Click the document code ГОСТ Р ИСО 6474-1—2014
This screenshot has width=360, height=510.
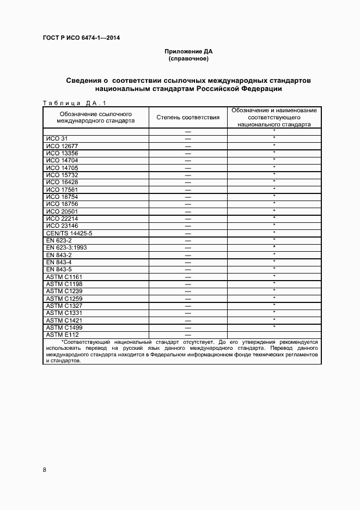click(81, 38)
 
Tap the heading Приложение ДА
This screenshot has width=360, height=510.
click(188, 51)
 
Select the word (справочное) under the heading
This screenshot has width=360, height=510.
click(188, 58)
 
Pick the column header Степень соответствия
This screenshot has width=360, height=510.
click(188, 117)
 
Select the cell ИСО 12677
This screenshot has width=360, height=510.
click(62, 146)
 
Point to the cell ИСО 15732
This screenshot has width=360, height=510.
click(62, 174)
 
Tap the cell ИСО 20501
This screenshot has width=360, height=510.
click(62, 211)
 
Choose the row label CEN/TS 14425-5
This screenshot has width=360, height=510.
click(69, 233)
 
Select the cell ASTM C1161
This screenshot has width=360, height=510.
click(64, 277)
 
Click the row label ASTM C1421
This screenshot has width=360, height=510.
click(64, 320)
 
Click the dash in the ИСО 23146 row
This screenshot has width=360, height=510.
click(188, 226)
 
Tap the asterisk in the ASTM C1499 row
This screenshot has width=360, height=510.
click(274, 326)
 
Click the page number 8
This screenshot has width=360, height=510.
click(45, 470)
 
